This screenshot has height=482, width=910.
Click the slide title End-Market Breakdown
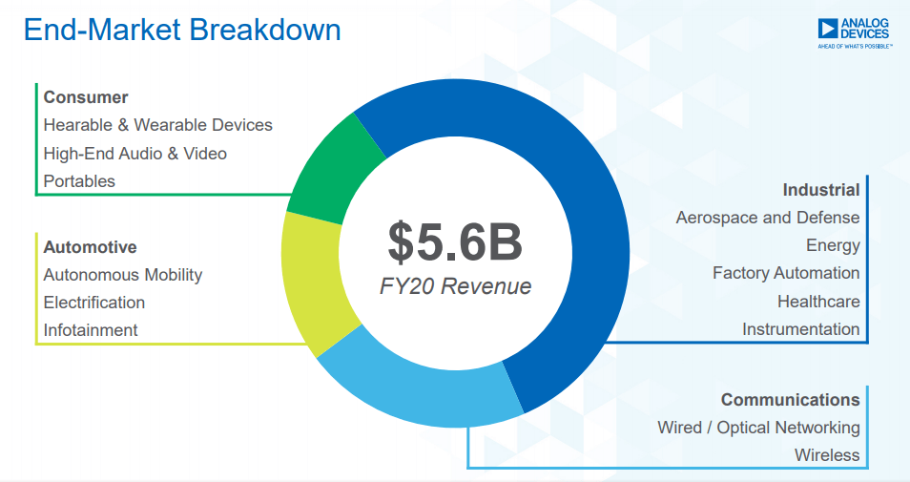point(181,30)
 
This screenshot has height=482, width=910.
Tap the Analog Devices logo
point(854,31)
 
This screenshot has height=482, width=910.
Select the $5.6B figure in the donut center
point(455,242)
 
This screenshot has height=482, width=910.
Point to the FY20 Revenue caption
point(455,286)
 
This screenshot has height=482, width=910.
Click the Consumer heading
point(86,97)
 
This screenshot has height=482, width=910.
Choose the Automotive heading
point(91,247)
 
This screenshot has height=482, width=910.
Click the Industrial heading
point(821,190)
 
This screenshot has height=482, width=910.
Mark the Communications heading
point(790,400)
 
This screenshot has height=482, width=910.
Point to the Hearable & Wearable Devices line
point(158,125)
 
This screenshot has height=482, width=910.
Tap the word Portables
point(79,181)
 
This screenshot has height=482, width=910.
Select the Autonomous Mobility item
point(123,275)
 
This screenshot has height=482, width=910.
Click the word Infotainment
point(91,330)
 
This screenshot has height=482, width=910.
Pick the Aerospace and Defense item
point(768,218)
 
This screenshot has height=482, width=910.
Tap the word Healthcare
point(818,302)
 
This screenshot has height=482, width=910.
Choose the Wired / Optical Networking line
point(758,428)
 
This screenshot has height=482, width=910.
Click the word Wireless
point(827,455)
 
